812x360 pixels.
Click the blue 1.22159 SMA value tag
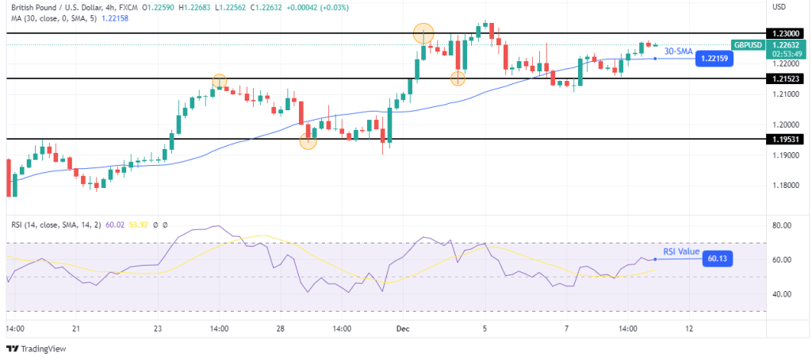point(712,58)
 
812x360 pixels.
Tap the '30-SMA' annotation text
point(678,51)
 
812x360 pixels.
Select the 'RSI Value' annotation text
point(682,251)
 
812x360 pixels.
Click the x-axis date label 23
point(158,327)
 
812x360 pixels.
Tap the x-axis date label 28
point(280,327)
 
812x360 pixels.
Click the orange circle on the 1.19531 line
point(308,141)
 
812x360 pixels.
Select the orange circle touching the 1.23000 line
point(423,33)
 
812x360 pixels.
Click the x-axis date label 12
point(688,327)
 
